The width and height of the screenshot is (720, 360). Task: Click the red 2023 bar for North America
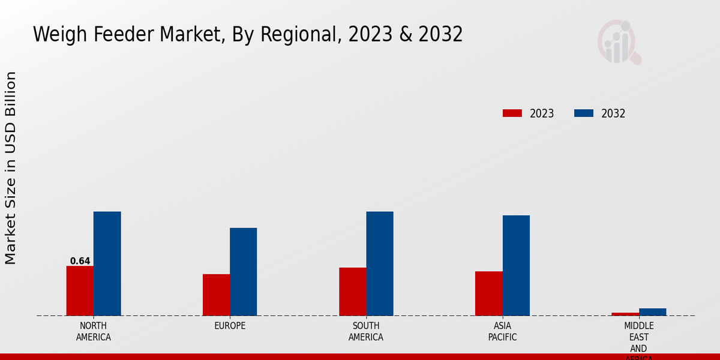coord(80,291)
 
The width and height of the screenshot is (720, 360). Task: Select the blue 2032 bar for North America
coord(107,263)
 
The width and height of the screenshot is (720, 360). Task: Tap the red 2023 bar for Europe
coord(216,295)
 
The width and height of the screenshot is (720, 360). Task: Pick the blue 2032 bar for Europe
coord(243,272)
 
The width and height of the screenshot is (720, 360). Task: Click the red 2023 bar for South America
coord(352,292)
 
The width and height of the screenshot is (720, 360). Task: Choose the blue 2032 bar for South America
coord(380,263)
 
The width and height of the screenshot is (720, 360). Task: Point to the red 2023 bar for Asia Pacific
coord(488,293)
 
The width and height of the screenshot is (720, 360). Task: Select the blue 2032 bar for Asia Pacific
coord(516,265)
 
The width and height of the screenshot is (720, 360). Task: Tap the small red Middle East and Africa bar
coord(625,314)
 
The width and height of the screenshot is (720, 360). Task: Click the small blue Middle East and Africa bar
coord(652,312)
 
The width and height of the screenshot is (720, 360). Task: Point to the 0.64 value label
coord(80,261)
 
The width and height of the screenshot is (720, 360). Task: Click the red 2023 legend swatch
coord(512,113)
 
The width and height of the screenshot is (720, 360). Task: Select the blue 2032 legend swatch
coord(583,113)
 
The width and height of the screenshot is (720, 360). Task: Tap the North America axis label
coord(93,331)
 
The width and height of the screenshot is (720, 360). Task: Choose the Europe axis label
coord(230,326)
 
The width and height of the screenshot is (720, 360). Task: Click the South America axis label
coord(366,331)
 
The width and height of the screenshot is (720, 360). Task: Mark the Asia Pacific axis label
coord(502,331)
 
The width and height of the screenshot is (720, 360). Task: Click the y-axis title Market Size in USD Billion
coord(11,168)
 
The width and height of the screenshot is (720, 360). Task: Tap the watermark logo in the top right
coord(619,42)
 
